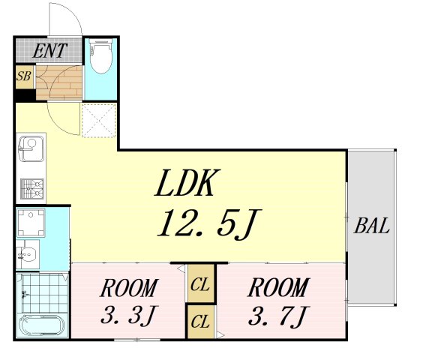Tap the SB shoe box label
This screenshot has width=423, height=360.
point(24,76)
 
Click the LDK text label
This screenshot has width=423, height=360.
point(188,182)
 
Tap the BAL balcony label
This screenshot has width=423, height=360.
point(373,226)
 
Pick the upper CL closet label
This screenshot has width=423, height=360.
point(199,285)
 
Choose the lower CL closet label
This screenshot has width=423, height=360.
point(199,322)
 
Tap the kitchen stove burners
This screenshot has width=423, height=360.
point(31,187)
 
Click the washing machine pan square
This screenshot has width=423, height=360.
point(31,223)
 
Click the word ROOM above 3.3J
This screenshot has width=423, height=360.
point(130,288)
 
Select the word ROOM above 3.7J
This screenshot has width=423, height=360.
point(277,288)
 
